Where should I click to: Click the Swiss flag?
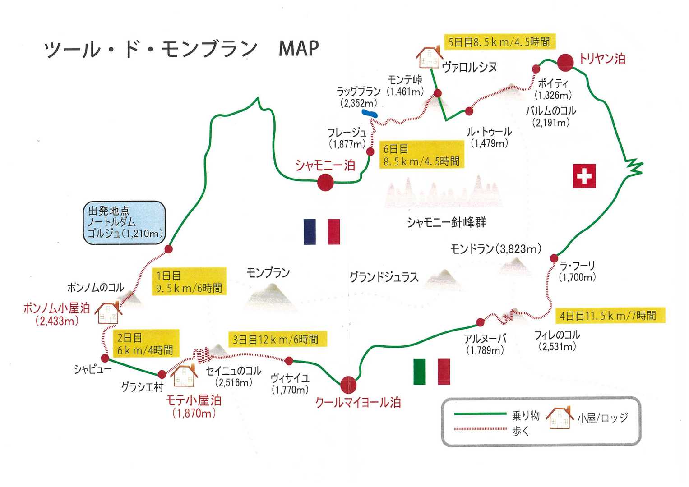click(x=584, y=175)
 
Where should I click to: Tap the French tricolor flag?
click(x=322, y=231)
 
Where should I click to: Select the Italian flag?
click(x=431, y=371)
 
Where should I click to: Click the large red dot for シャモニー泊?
click(x=325, y=183)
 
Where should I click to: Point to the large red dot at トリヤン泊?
click(x=565, y=62)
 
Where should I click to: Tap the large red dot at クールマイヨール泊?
click(x=348, y=385)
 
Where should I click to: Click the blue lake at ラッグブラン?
click(x=370, y=113)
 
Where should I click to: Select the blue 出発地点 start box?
click(x=124, y=223)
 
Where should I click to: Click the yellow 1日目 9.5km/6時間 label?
click(x=189, y=281)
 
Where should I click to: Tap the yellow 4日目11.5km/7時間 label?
click(x=608, y=316)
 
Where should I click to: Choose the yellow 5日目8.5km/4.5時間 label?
click(x=499, y=42)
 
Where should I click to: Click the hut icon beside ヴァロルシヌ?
click(x=428, y=56)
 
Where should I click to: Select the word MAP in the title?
click(x=299, y=48)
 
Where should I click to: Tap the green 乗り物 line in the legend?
click(x=480, y=413)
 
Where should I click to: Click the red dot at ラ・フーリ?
click(x=554, y=258)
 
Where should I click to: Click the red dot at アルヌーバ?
click(x=480, y=322)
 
